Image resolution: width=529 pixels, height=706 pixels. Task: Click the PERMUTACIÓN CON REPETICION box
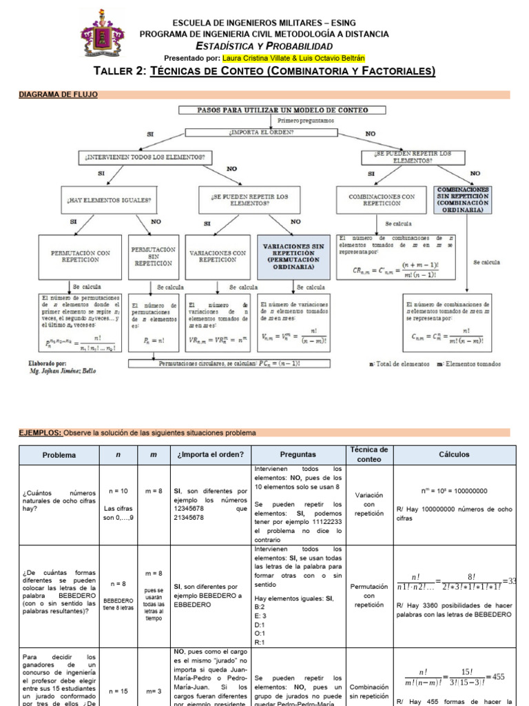81,256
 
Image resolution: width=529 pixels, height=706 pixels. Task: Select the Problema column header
59,455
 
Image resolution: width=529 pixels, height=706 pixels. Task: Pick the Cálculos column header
454,455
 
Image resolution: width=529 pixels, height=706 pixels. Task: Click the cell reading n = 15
118,689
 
